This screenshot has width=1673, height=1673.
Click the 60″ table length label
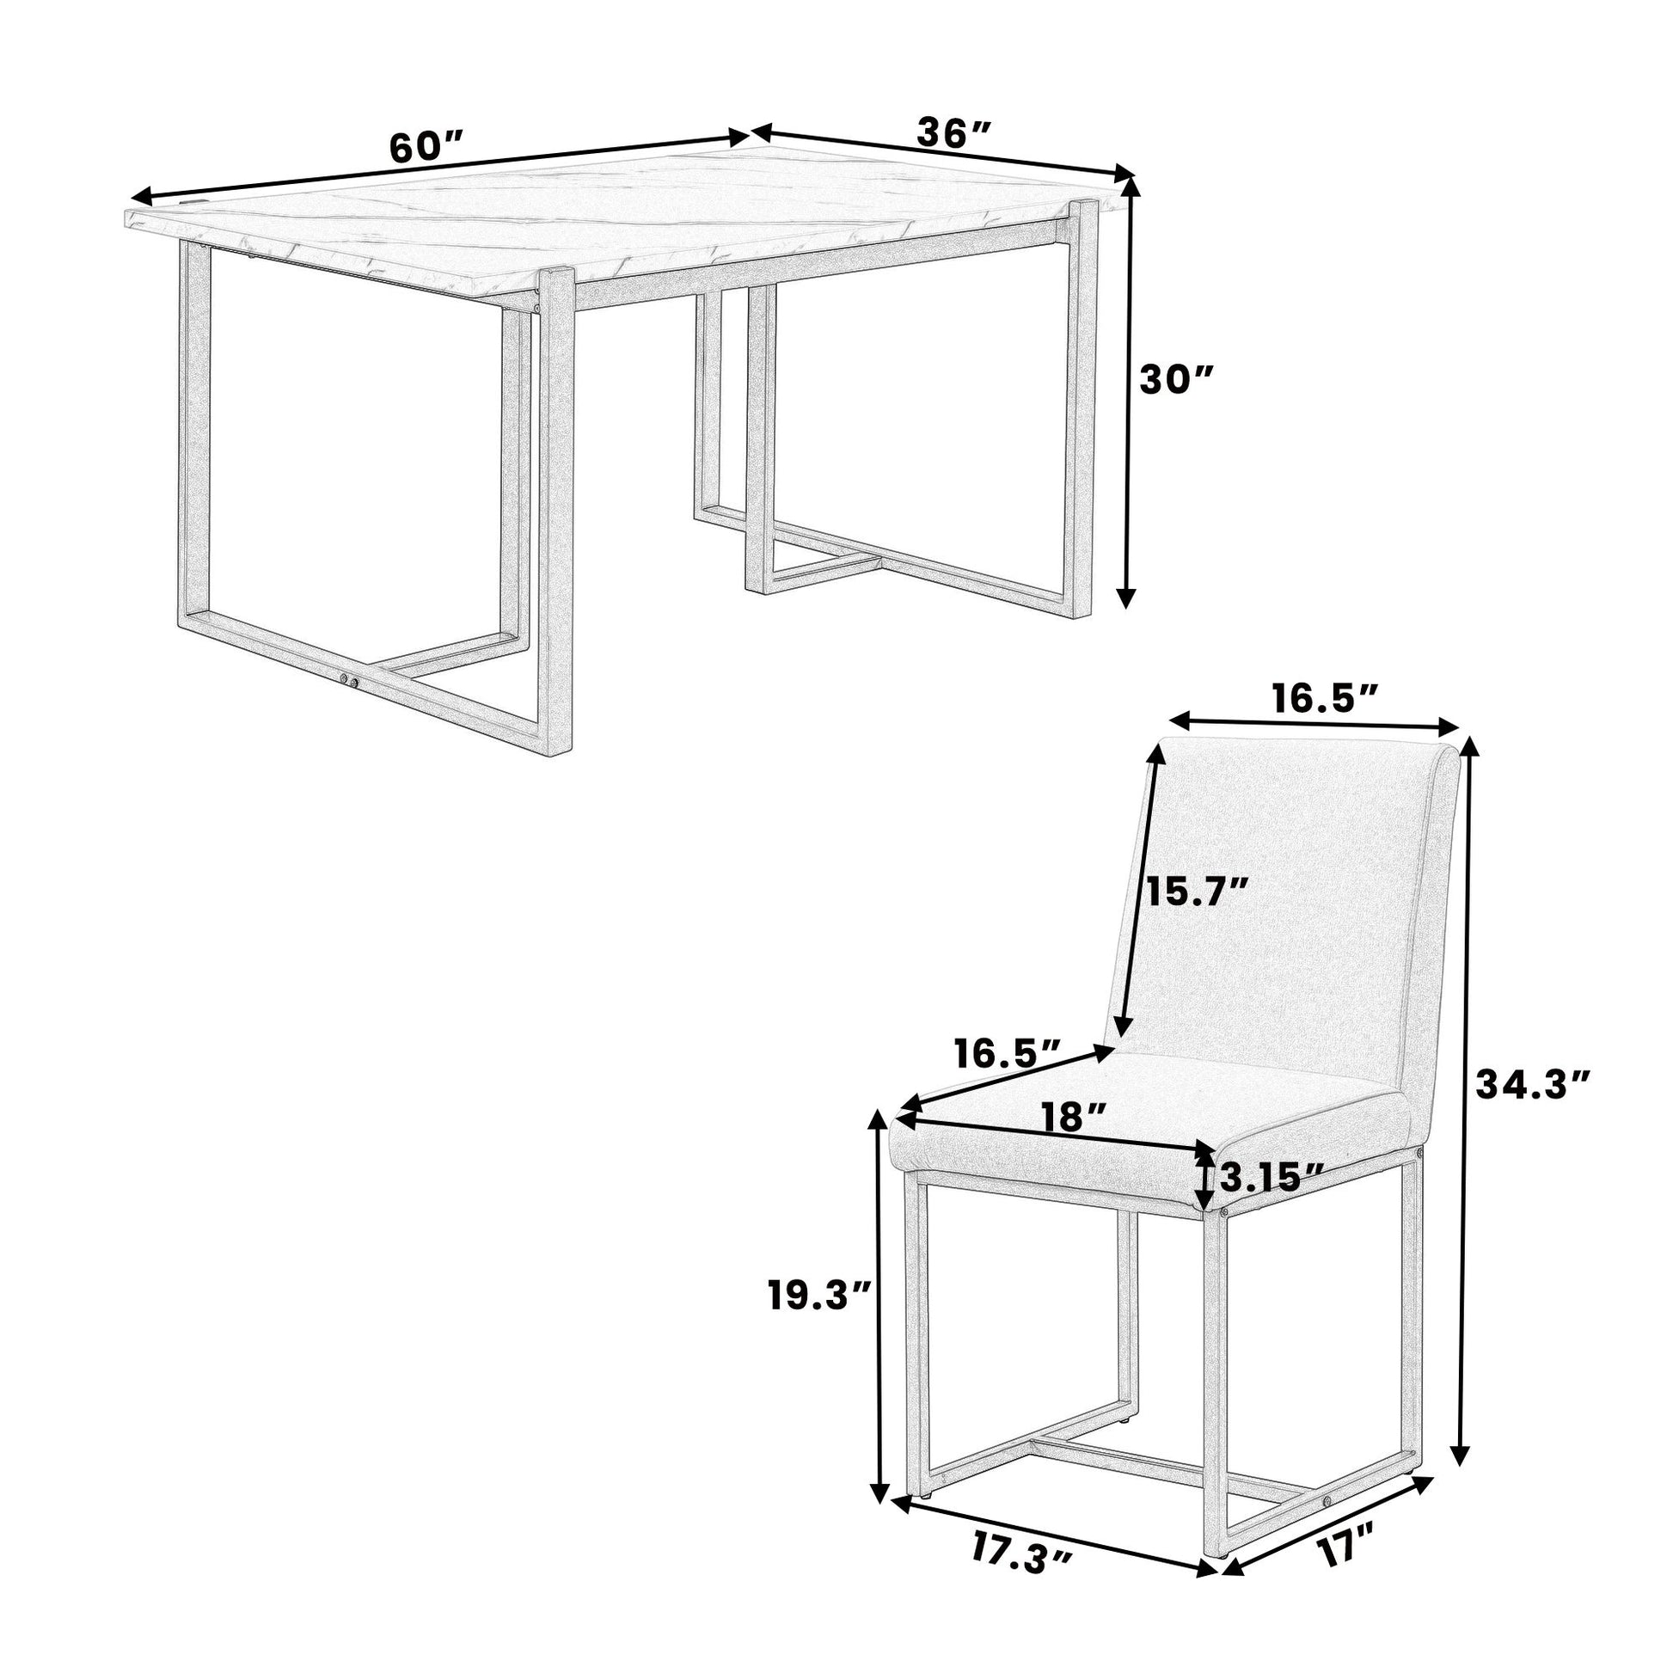[427, 148]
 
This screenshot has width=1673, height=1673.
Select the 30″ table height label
[1177, 378]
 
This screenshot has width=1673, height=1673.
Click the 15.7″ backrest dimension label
[1198, 889]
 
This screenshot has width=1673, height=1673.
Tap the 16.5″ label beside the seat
[1008, 1054]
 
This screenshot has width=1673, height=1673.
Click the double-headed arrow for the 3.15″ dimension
[1204, 1178]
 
